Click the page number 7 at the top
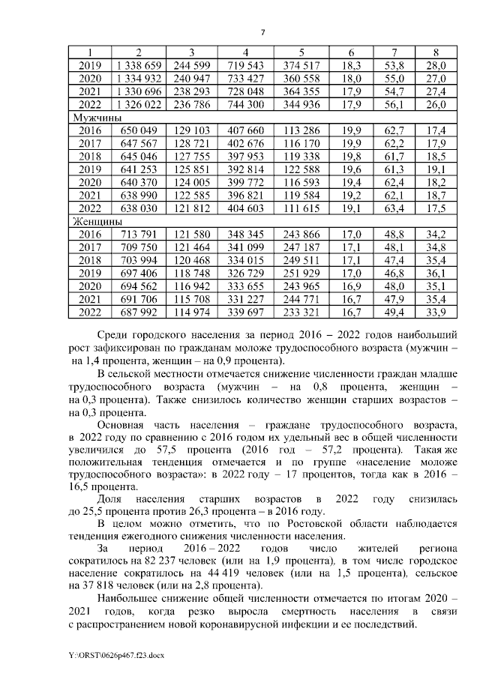pyautogui.click(x=262, y=31)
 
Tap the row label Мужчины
pyautogui.click(x=97, y=118)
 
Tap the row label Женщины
pyautogui.click(x=97, y=221)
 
